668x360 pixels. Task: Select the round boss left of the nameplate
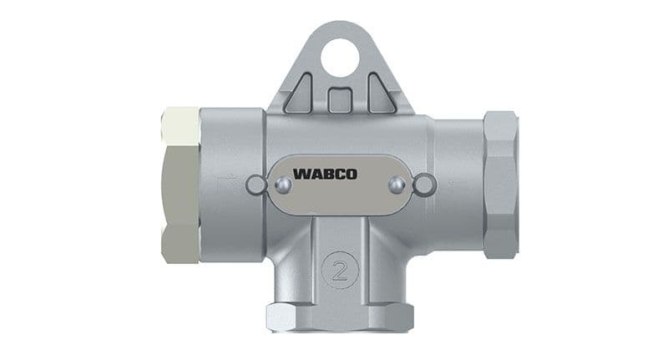(x=257, y=185)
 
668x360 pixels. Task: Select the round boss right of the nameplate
(x=424, y=185)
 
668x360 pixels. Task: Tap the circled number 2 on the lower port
(x=340, y=270)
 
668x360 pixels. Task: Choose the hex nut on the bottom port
(x=339, y=317)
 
